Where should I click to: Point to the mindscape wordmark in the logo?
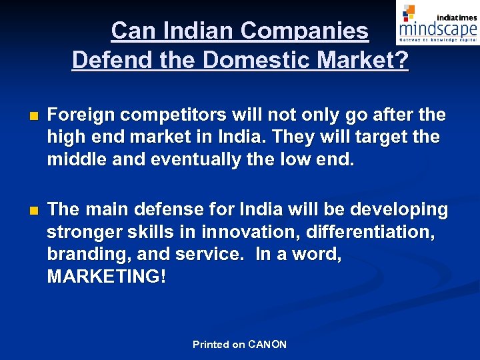point(438,29)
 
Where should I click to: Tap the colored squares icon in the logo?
point(409,13)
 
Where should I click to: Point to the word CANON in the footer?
point(267,345)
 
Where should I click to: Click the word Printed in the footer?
point(211,345)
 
